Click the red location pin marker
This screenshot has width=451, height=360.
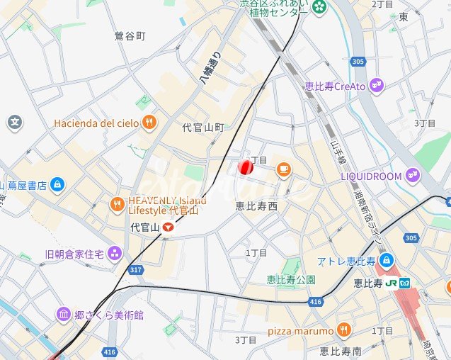(x=245, y=167)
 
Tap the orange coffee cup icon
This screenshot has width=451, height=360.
(x=283, y=169)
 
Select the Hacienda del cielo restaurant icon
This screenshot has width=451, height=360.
(x=148, y=123)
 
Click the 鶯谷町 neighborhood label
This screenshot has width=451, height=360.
(x=130, y=35)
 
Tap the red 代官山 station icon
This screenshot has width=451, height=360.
(x=168, y=227)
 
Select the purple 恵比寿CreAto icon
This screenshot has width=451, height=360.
(x=376, y=86)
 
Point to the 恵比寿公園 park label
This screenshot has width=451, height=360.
(x=290, y=279)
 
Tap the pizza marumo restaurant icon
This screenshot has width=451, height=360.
(x=344, y=330)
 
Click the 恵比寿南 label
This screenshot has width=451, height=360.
(x=341, y=350)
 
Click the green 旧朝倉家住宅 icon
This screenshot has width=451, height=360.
(x=114, y=254)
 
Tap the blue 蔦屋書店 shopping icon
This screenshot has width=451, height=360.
(x=57, y=185)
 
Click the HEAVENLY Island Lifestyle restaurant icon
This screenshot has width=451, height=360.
(x=117, y=205)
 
